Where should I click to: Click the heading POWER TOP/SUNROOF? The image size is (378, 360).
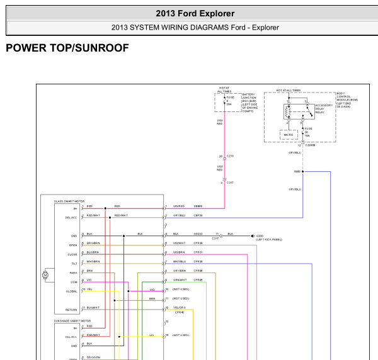pos(67,48)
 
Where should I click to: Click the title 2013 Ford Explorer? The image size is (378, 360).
pos(195,13)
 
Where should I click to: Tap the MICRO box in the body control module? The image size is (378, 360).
pos(289,135)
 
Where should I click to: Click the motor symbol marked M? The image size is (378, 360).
pos(45,274)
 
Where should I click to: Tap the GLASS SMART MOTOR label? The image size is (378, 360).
pos(67,200)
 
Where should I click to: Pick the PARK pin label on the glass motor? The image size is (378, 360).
pos(73,272)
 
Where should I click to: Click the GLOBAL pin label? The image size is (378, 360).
pos(72,291)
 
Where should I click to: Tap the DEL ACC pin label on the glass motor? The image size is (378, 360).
pos(71,217)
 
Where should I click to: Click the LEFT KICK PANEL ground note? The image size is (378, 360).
pos(268,240)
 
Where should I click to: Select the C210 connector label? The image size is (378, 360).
pos(230,155)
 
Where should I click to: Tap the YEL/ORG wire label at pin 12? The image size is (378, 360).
pos(180,308)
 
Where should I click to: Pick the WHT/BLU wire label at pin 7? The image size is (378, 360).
pos(179,261)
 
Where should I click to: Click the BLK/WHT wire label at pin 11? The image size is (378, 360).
pos(93,308)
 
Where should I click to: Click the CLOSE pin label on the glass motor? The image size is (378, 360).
pos(73,254)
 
